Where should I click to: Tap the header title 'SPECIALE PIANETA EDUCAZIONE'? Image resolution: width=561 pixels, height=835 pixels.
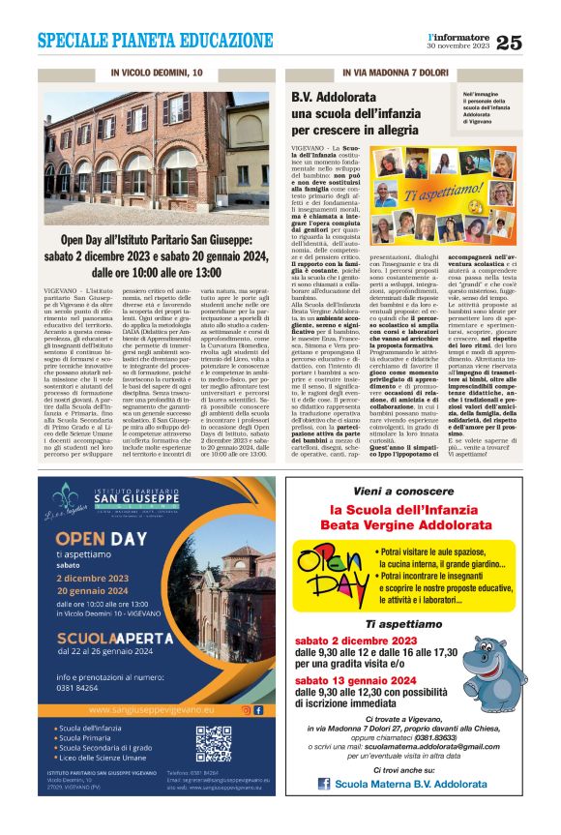(156, 41)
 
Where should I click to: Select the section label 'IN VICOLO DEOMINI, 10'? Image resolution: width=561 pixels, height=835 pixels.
(157, 73)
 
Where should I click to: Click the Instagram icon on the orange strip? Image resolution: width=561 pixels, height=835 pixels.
(245, 709)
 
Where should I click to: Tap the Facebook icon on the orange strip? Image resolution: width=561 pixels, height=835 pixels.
(258, 709)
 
